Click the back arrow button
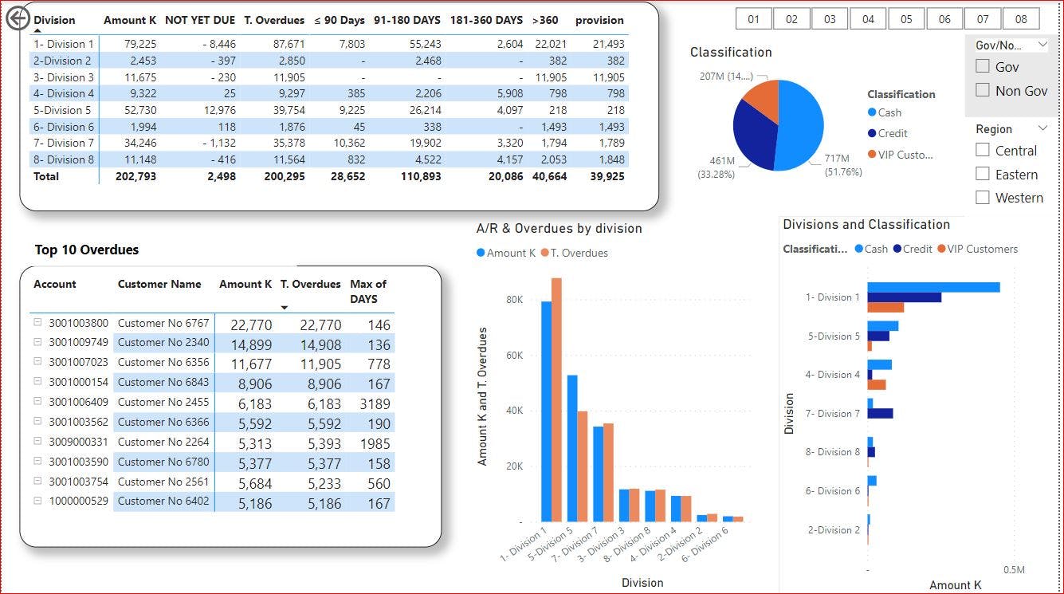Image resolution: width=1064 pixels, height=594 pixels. [x=18, y=18]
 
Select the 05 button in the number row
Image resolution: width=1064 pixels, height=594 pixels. [x=906, y=19]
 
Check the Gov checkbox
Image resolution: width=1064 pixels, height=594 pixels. [x=983, y=67]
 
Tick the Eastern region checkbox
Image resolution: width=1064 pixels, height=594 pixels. [x=983, y=174]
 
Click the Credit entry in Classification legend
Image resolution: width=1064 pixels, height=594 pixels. [x=893, y=133]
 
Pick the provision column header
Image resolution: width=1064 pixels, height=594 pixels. [x=599, y=20]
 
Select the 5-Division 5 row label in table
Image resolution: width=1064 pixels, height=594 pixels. [x=62, y=110]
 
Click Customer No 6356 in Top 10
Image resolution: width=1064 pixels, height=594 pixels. [x=163, y=362]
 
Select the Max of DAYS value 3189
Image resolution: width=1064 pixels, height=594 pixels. [x=374, y=404]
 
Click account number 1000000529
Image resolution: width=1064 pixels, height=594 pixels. [x=78, y=501]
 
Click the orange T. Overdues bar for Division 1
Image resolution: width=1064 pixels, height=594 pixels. [x=556, y=399]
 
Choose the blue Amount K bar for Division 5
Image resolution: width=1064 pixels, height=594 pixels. [x=572, y=446]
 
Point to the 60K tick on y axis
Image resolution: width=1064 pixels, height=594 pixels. [x=513, y=355]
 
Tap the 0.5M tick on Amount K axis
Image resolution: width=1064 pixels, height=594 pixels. [x=1014, y=570]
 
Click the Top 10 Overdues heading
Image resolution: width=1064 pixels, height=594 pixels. [x=86, y=250]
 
